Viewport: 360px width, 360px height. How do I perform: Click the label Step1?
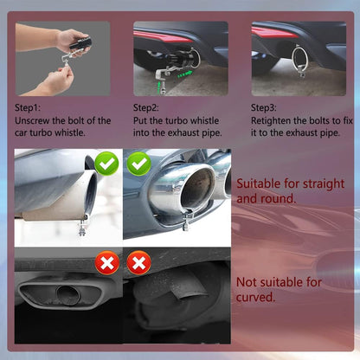(x=30, y=106)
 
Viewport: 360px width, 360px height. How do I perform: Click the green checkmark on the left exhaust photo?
(x=106, y=163)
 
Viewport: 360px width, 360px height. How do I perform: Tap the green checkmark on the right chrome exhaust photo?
(x=139, y=163)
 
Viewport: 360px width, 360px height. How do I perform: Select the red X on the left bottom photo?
(x=106, y=263)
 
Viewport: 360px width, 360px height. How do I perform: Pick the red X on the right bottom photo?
(x=138, y=263)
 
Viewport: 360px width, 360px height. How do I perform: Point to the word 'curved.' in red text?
(x=256, y=297)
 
